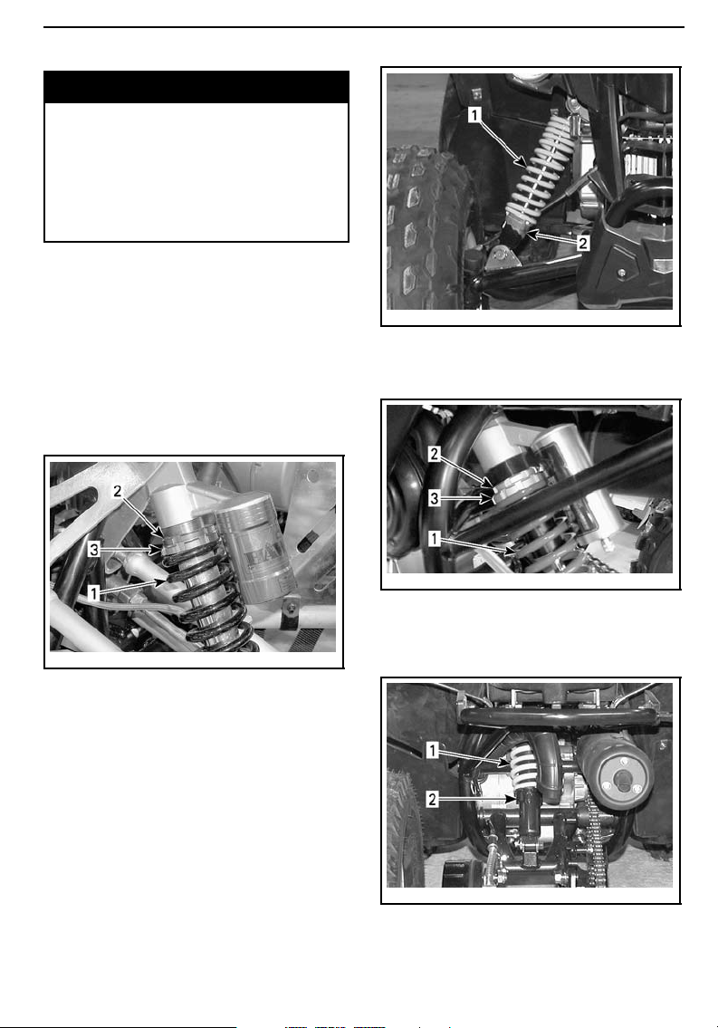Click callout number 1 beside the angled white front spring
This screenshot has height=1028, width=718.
pyautogui.click(x=475, y=115)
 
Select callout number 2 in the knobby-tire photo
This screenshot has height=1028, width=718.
pyautogui.click(x=582, y=244)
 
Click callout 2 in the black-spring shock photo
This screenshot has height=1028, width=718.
pyautogui.click(x=118, y=491)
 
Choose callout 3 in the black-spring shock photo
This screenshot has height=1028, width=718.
pyautogui.click(x=94, y=550)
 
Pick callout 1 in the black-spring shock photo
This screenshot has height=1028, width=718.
pyautogui.click(x=94, y=594)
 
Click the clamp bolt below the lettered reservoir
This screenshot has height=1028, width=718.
pyautogui.click(x=286, y=613)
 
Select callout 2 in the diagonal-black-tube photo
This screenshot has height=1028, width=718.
pyautogui.click(x=435, y=454)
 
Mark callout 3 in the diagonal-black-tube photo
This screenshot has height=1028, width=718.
pyautogui.click(x=435, y=498)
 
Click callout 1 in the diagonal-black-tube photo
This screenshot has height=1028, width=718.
pyautogui.click(x=435, y=538)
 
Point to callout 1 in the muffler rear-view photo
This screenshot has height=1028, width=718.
pyautogui.click(x=433, y=749)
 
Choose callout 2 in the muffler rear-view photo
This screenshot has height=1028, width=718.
pyautogui.click(x=433, y=799)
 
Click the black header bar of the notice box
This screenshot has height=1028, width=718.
pyautogui.click(x=196, y=87)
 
